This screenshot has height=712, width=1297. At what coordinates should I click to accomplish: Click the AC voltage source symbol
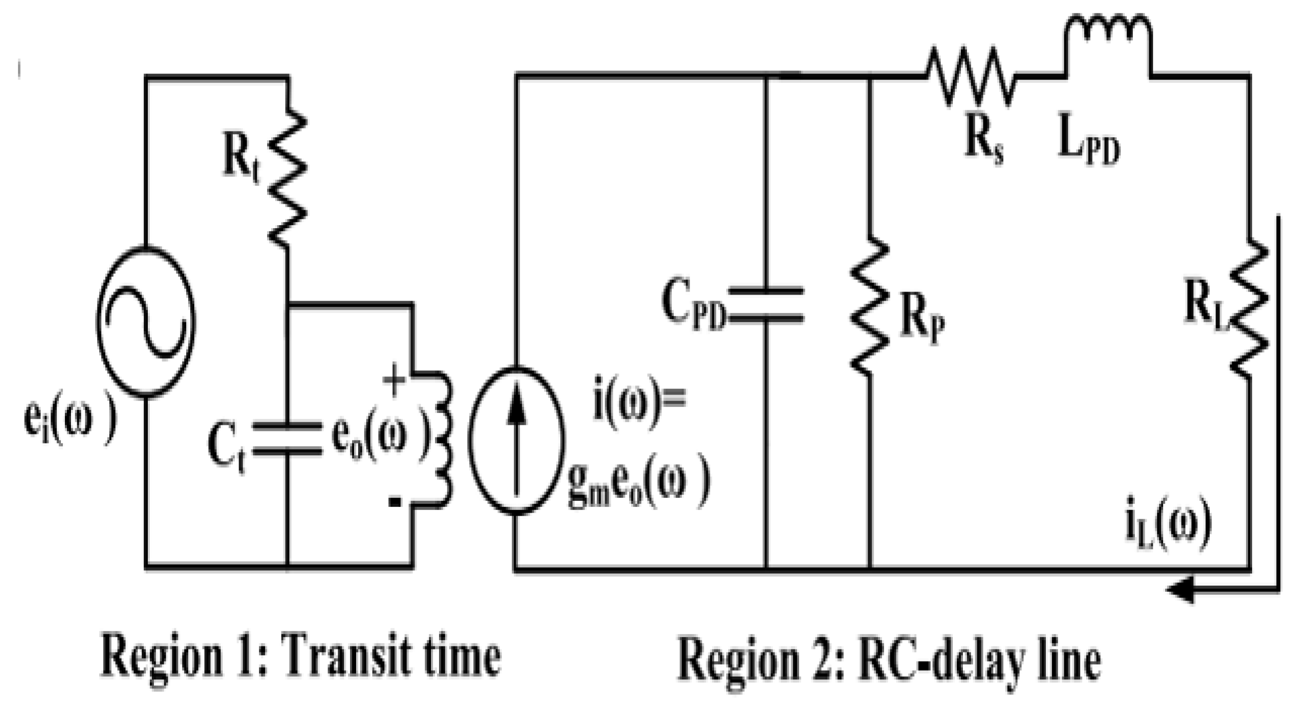[x=145, y=322]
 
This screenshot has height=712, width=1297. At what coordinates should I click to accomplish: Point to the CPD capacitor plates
[x=766, y=305]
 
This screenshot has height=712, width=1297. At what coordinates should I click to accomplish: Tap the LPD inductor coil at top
[x=1107, y=35]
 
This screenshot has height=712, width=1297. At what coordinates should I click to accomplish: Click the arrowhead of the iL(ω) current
[x=1181, y=589]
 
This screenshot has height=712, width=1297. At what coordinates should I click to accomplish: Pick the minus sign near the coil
[x=395, y=501]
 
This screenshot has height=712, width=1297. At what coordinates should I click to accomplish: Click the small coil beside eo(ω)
[x=443, y=438]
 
